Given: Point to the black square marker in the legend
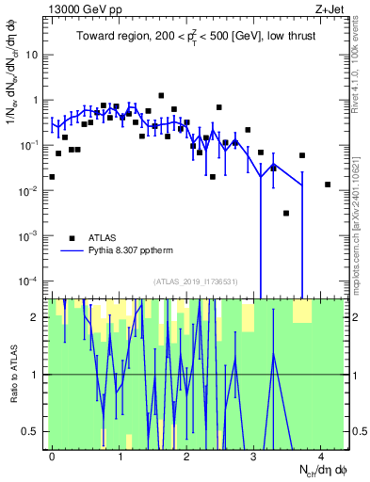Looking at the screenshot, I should pyautogui.click(x=72, y=237).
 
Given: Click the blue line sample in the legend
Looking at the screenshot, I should pyautogui.click(x=72, y=251).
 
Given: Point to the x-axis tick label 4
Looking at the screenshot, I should pyautogui.click(x=321, y=456).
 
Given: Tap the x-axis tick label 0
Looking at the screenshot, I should pyautogui.click(x=53, y=456).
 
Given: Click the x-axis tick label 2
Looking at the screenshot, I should pyautogui.click(x=186, y=456).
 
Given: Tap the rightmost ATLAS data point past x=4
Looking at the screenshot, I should pyautogui.click(x=328, y=185).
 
